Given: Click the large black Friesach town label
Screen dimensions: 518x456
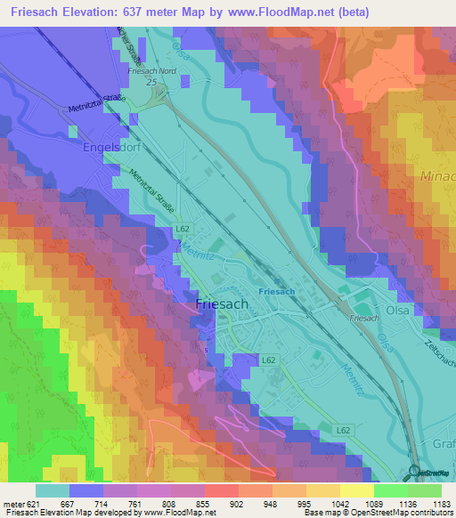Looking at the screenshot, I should (x=222, y=304).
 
